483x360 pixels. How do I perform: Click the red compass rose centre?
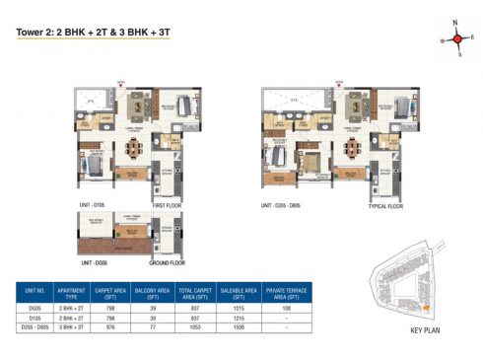[x=456, y=39]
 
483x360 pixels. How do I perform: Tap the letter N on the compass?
[x=456, y=22]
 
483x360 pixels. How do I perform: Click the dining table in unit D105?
[x=134, y=149]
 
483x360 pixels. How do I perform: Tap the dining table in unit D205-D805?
[x=350, y=149]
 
